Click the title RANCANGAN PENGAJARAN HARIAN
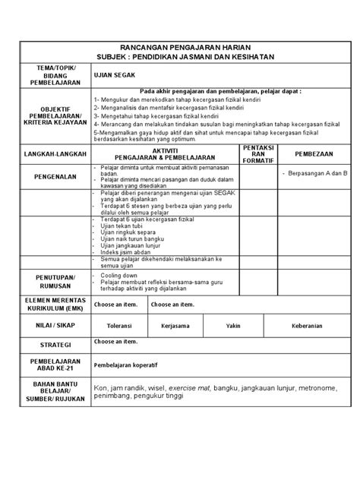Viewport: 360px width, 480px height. pos(180,48)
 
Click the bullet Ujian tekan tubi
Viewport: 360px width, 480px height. pos(121,227)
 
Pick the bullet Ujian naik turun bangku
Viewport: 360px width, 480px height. pos(130,239)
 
